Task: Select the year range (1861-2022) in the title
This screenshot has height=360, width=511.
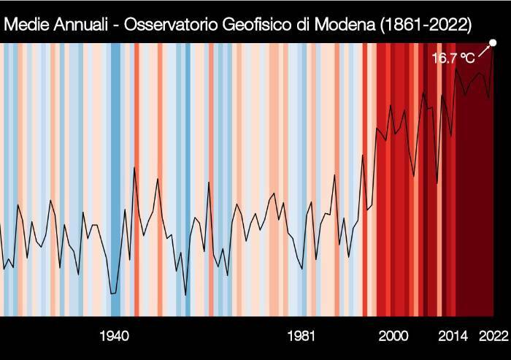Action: [x=421, y=25]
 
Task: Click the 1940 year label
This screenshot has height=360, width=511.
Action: [x=114, y=337]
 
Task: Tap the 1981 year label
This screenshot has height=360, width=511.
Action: [x=301, y=337]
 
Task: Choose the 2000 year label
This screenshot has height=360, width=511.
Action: [x=393, y=337]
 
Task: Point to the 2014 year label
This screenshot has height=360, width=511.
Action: [x=453, y=337]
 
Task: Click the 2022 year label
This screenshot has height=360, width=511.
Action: [x=492, y=337]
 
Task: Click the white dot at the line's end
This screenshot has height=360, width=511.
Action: [x=493, y=42]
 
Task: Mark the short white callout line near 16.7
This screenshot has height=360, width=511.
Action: [x=483, y=50]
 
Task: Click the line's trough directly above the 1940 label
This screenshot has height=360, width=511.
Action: [x=113, y=293]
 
